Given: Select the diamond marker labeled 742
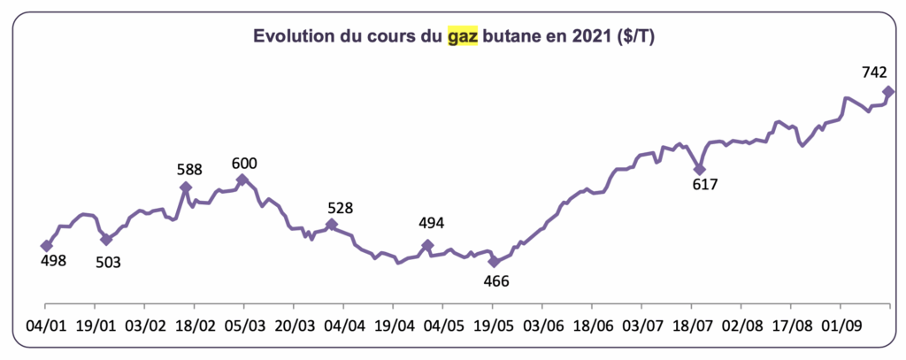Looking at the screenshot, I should click(888, 91).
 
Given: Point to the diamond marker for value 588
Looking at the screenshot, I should click(186, 188).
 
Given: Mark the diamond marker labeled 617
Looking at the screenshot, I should click(699, 169).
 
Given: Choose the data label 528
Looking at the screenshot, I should click(340, 209).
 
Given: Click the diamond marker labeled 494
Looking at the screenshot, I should click(427, 245).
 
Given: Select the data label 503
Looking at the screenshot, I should click(108, 262).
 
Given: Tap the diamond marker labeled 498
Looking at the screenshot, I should click(46, 246).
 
